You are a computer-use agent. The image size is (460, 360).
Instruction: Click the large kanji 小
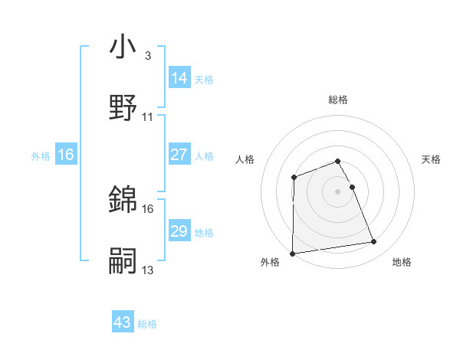pos(123,47)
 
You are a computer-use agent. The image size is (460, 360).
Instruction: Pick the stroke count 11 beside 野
pos(148,117)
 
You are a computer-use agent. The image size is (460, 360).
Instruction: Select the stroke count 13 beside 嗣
pos(148,270)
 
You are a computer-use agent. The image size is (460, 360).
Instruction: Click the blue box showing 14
pos(179,78)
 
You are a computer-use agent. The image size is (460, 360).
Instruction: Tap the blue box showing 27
pos(179,155)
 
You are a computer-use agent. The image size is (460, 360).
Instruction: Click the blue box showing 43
pos(123,323)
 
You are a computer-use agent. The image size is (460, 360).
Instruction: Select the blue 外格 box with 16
pos(66,155)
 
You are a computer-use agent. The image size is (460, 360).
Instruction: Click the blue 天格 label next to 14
pos(204,79)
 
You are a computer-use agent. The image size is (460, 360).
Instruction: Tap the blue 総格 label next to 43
pos(147,324)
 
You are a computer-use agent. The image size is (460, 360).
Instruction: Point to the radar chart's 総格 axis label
pos(338,100)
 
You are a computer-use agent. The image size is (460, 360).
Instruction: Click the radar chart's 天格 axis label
pos(432,159)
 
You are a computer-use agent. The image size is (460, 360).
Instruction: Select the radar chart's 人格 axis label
pos(245,159)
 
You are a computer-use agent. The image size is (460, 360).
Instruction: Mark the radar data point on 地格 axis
pos(373,242)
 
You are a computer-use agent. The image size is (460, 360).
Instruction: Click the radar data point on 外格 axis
pos(292,253)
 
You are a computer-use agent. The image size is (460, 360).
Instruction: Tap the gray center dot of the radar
pos(338,190)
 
